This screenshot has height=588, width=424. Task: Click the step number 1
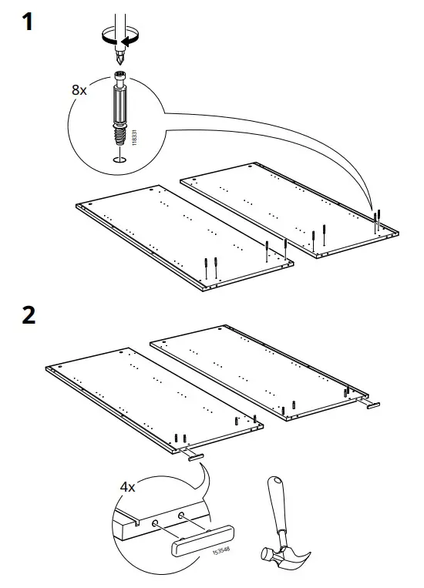coord(28,22)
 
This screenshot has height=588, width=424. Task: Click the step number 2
coord(29,316)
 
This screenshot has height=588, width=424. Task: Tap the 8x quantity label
coord(79,89)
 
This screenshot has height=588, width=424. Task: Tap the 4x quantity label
coord(128,488)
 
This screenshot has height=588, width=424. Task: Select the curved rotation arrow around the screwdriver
coord(118,35)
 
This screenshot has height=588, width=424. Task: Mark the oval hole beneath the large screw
coord(119,160)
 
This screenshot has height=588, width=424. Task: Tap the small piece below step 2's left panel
coord(193,458)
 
